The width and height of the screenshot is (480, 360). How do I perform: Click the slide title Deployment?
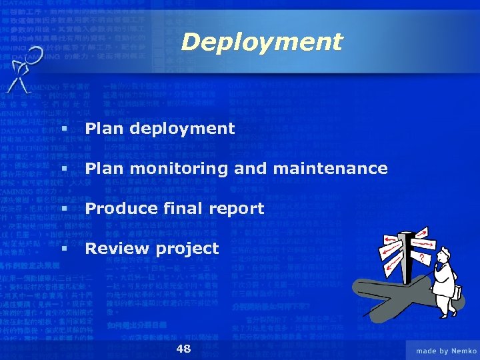pyautogui.click(x=261, y=43)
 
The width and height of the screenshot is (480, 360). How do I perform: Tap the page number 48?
pyautogui.click(x=183, y=349)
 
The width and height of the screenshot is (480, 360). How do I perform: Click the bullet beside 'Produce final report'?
pyautogui.click(x=65, y=209)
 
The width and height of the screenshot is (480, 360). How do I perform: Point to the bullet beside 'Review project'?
pyautogui.click(x=65, y=249)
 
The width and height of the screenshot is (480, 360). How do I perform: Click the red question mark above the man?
pyautogui.click(x=421, y=256)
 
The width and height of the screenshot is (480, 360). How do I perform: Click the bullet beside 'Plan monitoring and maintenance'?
pyautogui.click(x=65, y=169)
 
